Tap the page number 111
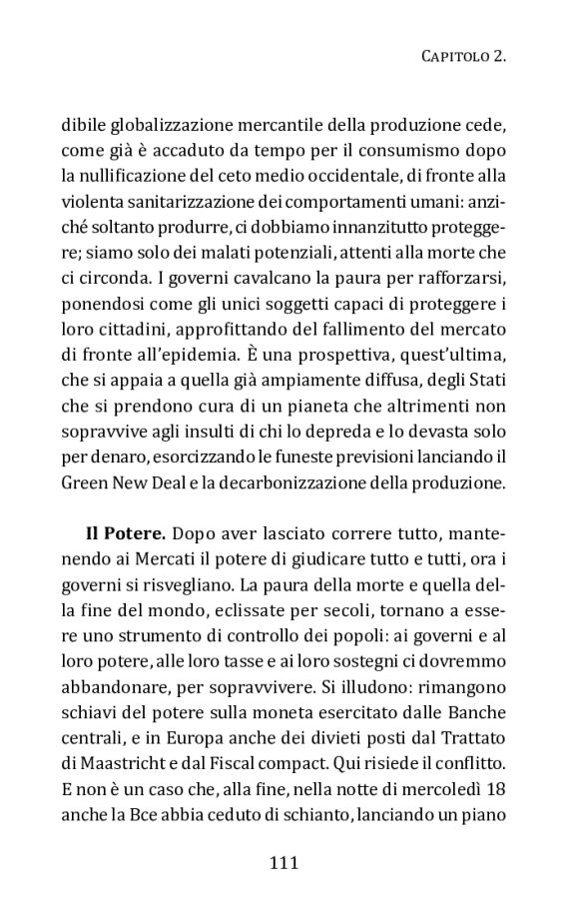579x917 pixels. click(285, 861)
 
